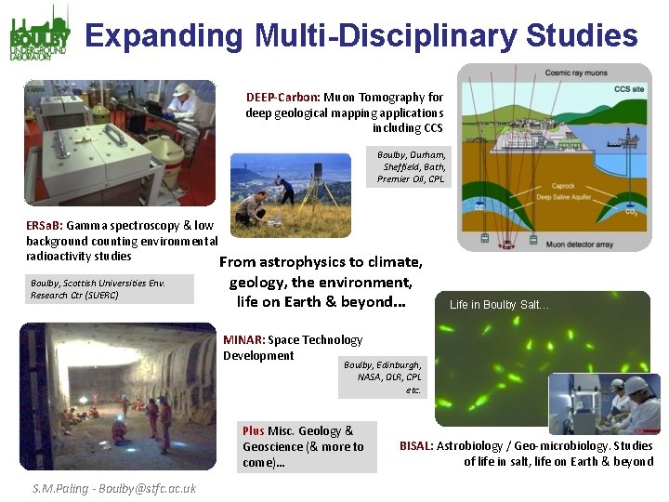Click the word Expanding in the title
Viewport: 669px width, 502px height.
[164, 36]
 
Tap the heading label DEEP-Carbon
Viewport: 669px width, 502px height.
[282, 97]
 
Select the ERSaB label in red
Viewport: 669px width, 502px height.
[44, 224]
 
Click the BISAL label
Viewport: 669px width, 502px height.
[415, 446]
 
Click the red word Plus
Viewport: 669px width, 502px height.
[253, 430]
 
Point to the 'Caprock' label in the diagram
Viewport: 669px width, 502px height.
[564, 186]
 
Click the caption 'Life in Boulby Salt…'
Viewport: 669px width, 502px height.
[499, 305]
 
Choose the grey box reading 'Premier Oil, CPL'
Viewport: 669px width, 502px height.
[411, 178]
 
